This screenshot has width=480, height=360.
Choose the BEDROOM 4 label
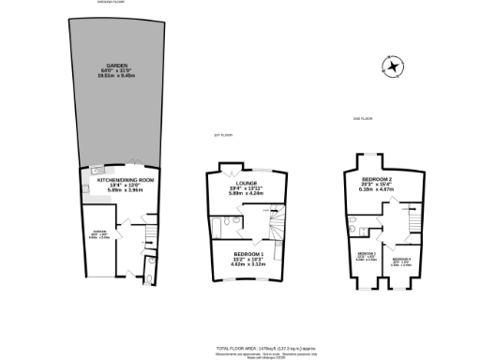pos(400,258)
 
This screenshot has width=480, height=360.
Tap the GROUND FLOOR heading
pos(112,3)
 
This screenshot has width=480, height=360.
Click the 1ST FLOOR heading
pos(221,135)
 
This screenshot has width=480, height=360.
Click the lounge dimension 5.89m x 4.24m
pos(246,193)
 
